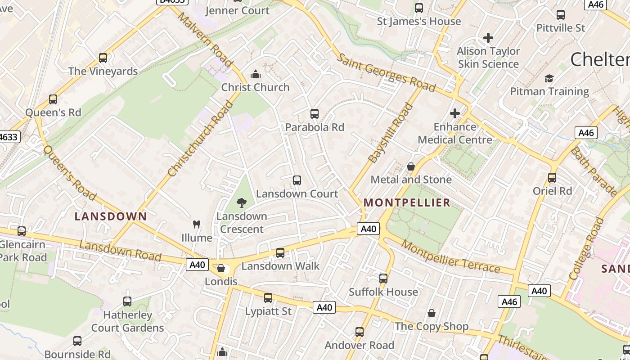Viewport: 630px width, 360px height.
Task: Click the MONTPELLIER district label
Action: click(x=407, y=202)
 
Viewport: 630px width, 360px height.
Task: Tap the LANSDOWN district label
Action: click(x=111, y=216)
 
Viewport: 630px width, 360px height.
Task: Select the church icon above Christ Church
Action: click(x=256, y=74)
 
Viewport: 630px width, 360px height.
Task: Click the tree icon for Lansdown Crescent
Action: click(x=242, y=202)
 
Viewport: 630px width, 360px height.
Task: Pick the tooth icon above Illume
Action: click(x=196, y=224)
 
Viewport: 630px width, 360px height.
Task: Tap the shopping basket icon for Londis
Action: click(x=221, y=269)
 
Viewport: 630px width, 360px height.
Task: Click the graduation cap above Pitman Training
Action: click(x=549, y=79)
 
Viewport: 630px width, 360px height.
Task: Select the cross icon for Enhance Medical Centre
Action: click(x=455, y=113)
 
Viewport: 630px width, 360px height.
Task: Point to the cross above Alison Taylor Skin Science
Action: click(x=488, y=38)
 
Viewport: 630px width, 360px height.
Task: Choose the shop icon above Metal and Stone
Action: click(x=411, y=166)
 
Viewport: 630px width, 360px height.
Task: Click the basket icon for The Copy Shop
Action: click(x=432, y=313)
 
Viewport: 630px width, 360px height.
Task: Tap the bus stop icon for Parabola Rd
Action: click(x=315, y=114)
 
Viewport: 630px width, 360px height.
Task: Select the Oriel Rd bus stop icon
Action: click(x=552, y=178)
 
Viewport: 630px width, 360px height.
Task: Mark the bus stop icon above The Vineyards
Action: click(x=103, y=58)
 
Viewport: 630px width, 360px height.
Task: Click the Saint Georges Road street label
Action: click(x=386, y=72)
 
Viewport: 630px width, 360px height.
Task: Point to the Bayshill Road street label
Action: click(x=390, y=133)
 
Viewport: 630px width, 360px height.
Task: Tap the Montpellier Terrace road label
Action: click(x=450, y=256)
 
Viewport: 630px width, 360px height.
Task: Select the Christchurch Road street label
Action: click(x=200, y=139)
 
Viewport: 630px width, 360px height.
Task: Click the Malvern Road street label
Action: click(x=205, y=39)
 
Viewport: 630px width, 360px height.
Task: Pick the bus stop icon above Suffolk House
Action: click(x=383, y=279)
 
